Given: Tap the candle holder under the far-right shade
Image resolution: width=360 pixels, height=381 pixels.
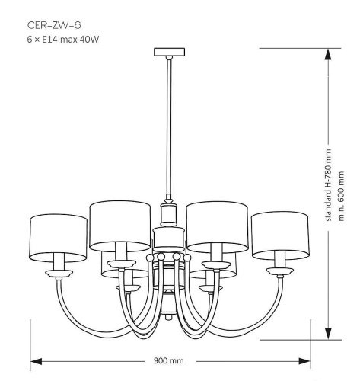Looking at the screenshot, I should click(280, 269).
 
